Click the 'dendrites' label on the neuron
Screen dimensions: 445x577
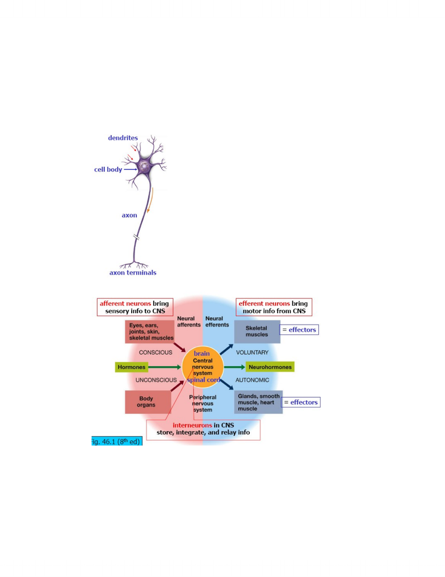click(x=123, y=138)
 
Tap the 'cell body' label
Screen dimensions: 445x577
click(x=108, y=169)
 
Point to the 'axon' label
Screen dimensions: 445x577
click(x=129, y=215)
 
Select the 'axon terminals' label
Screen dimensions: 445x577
click(x=133, y=273)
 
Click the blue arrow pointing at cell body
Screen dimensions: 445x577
click(x=131, y=169)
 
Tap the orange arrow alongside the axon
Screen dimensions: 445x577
click(x=150, y=200)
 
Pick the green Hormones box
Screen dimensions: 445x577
click(x=132, y=367)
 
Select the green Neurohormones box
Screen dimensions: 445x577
click(x=270, y=367)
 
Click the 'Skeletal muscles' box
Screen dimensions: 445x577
click(x=257, y=331)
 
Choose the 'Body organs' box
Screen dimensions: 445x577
click(x=148, y=402)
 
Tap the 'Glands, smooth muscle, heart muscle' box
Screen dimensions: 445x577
click(x=258, y=402)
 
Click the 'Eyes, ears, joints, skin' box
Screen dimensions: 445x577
click(x=149, y=331)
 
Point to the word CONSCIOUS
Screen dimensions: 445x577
click(x=156, y=352)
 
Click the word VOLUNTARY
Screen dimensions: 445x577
click(x=252, y=352)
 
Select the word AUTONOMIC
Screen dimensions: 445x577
click(x=252, y=380)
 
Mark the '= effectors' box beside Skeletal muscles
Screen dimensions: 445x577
click(x=299, y=330)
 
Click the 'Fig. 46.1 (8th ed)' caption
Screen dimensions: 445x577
click(x=117, y=441)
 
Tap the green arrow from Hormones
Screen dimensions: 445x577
click(x=165, y=367)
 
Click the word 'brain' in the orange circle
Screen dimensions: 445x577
click(x=201, y=354)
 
